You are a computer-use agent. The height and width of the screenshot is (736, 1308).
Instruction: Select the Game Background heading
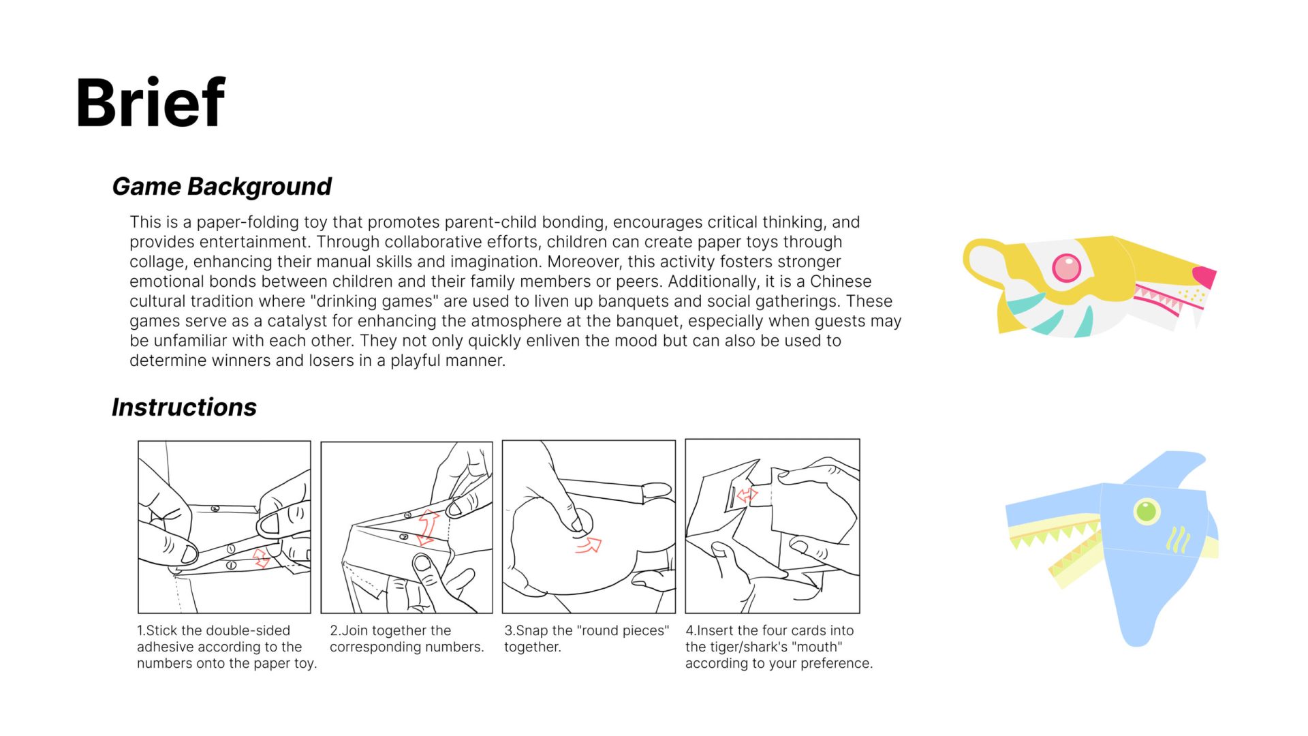click(221, 186)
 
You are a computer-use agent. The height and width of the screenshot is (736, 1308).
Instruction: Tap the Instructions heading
click(184, 407)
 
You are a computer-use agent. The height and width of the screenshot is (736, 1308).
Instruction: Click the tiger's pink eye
click(1066, 267)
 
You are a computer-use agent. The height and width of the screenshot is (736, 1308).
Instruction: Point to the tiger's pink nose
click(1204, 276)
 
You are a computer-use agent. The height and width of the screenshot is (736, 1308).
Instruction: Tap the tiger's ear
click(984, 262)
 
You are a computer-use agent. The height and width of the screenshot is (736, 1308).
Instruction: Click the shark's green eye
click(1146, 510)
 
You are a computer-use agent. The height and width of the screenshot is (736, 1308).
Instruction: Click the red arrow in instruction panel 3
click(589, 545)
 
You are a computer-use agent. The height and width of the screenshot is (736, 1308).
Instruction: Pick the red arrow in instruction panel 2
click(428, 526)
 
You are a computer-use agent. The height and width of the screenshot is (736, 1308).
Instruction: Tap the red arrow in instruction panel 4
click(747, 495)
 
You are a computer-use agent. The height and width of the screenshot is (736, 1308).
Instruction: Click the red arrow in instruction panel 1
click(261, 557)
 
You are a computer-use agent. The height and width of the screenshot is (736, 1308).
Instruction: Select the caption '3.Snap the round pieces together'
click(586, 639)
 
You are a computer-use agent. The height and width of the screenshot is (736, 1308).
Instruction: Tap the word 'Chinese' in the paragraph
click(840, 281)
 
